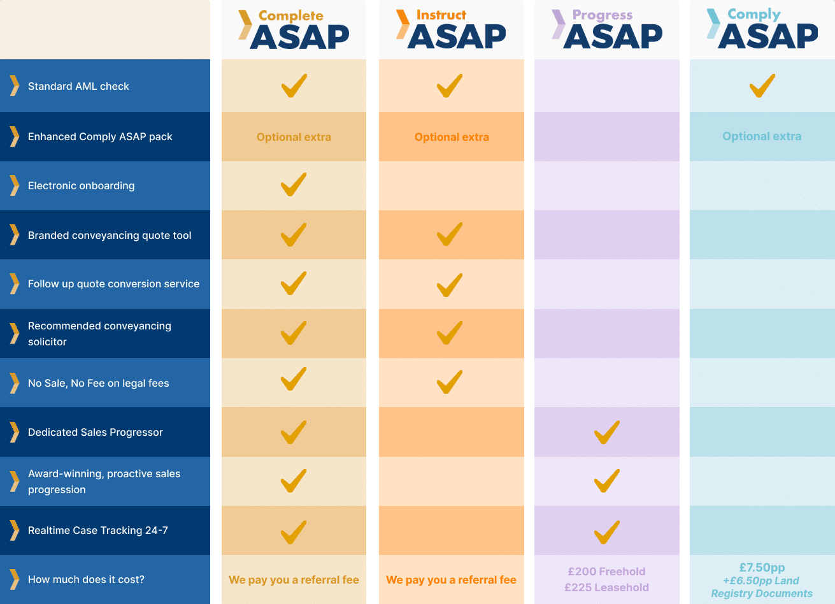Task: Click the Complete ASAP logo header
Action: (294, 29)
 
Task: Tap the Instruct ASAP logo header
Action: (451, 29)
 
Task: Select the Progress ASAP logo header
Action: (607, 29)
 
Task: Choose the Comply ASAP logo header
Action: (762, 29)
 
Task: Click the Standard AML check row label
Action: (78, 86)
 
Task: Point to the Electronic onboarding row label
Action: (81, 185)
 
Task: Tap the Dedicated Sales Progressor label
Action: (96, 432)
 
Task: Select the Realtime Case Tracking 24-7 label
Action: (98, 530)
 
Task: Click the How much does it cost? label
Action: (86, 579)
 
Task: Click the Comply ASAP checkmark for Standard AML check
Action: (762, 85)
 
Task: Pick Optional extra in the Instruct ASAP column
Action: (452, 137)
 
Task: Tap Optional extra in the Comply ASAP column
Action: (762, 136)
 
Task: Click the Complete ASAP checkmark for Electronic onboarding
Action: (294, 185)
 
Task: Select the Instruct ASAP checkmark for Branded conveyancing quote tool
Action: (450, 234)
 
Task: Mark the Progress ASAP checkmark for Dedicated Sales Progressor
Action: (606, 432)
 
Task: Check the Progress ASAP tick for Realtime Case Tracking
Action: (606, 532)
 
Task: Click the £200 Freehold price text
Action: (606, 572)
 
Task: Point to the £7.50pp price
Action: (762, 567)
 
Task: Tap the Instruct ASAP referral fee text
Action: (451, 580)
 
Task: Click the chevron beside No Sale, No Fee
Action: (14, 383)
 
